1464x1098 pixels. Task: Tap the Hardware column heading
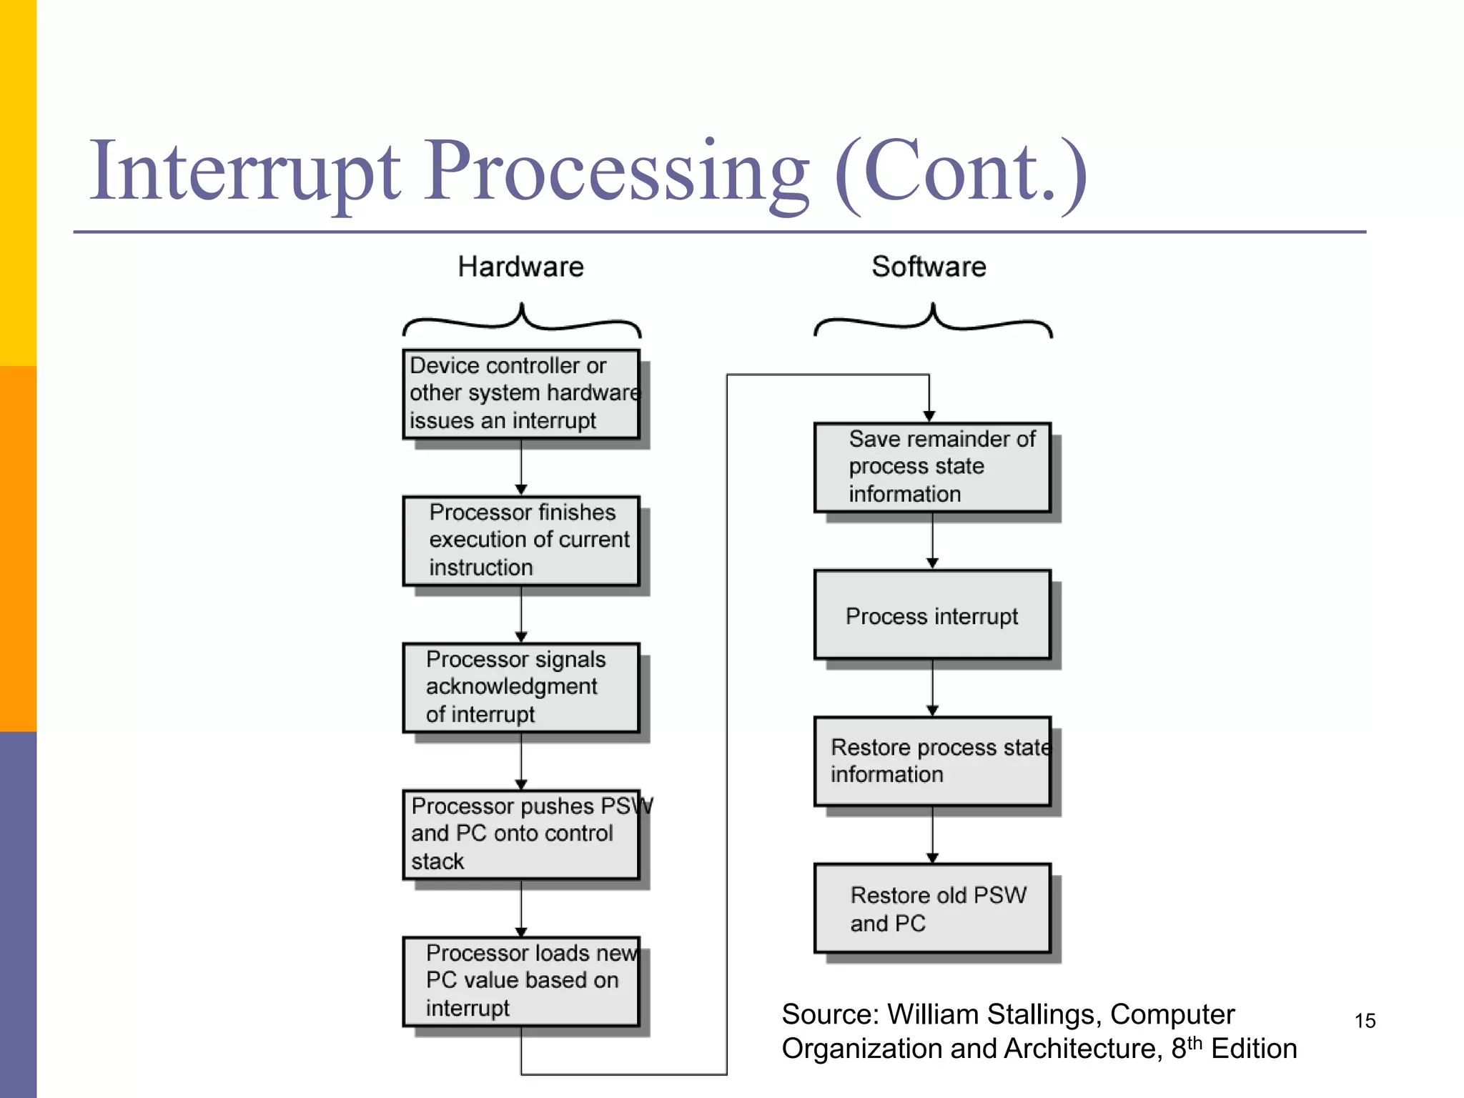pyautogui.click(x=520, y=267)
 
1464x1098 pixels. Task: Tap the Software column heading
pyautogui.click(x=929, y=267)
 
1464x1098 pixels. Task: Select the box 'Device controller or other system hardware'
pyautogui.click(x=520, y=393)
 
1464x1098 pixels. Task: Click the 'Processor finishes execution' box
pyautogui.click(x=520, y=540)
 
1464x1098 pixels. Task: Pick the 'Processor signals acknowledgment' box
pyautogui.click(x=520, y=687)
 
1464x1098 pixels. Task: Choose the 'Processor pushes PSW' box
pyautogui.click(x=520, y=834)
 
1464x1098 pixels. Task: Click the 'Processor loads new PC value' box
pyautogui.click(x=520, y=981)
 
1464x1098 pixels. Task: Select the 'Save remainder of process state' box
pyautogui.click(x=931, y=467)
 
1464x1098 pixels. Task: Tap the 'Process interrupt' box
pyautogui.click(x=931, y=615)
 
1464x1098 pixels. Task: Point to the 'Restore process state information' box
pyautogui.click(x=931, y=761)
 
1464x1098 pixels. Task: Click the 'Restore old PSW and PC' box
pyautogui.click(x=931, y=909)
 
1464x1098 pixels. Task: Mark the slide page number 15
pyautogui.click(x=1365, y=1021)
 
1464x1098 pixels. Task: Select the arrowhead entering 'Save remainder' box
pyautogui.click(x=929, y=416)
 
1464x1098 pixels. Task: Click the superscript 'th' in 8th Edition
pyautogui.click(x=1195, y=1043)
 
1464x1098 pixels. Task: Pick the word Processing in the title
pyautogui.click(x=618, y=172)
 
